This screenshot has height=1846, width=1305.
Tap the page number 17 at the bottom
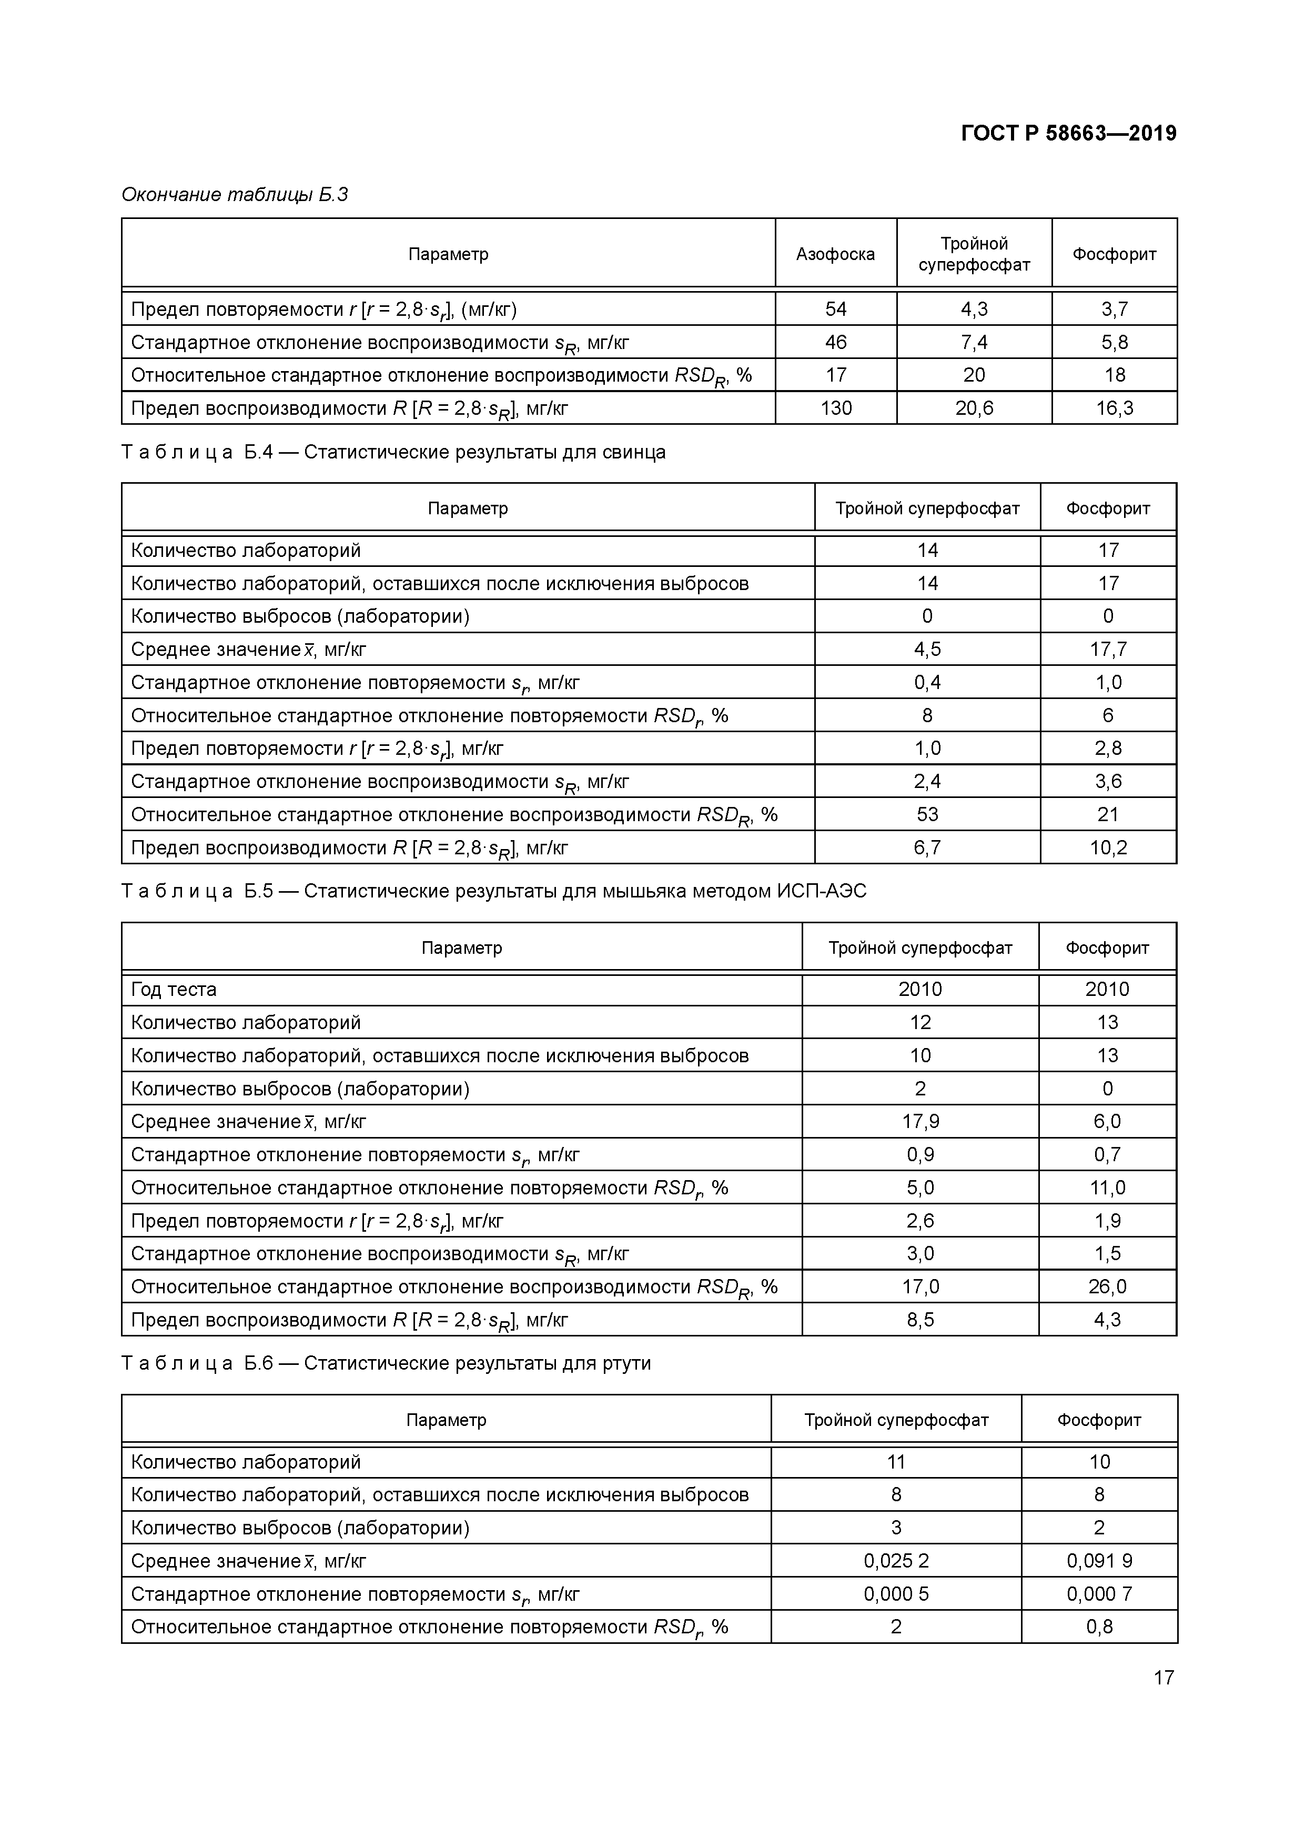[1163, 1677]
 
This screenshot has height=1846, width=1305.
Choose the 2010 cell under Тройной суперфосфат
[919, 989]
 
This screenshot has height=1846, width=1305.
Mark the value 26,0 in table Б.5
[1107, 1286]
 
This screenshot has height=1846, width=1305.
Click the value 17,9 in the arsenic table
[919, 1121]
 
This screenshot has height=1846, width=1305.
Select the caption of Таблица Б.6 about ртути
[386, 1363]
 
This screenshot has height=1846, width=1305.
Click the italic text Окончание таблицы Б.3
[235, 195]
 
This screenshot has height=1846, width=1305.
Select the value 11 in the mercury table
[895, 1462]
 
